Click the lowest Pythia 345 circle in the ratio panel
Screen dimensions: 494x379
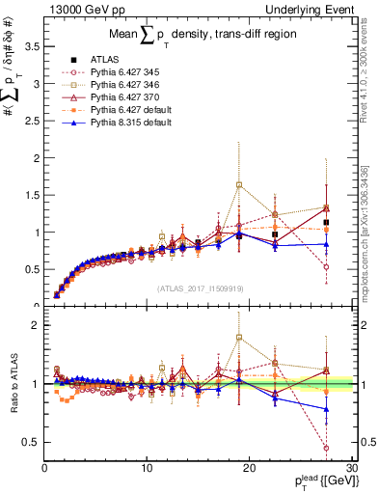click(327, 448)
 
